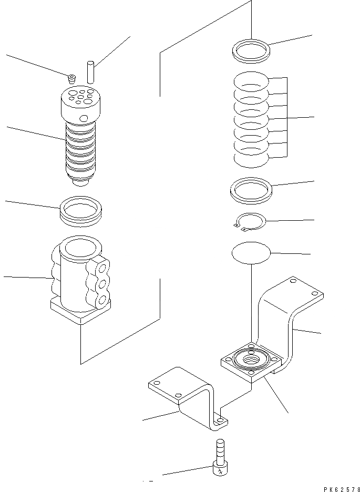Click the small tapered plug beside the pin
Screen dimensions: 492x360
[71, 79]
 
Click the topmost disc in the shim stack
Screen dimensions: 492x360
[251, 81]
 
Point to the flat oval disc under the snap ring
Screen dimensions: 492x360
[251, 252]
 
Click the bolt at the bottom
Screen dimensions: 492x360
[219, 457]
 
